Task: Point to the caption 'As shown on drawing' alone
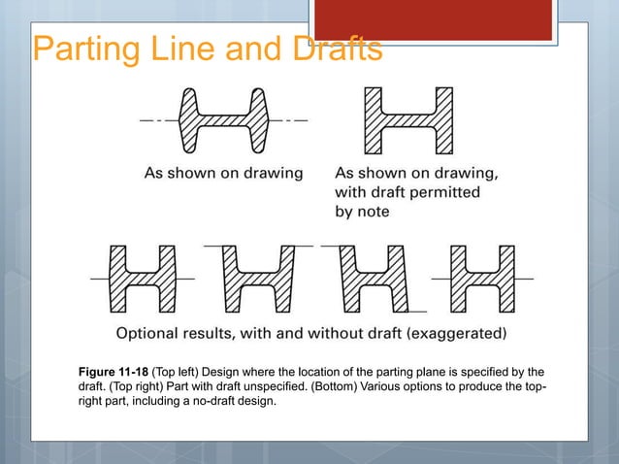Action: coord(223,174)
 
